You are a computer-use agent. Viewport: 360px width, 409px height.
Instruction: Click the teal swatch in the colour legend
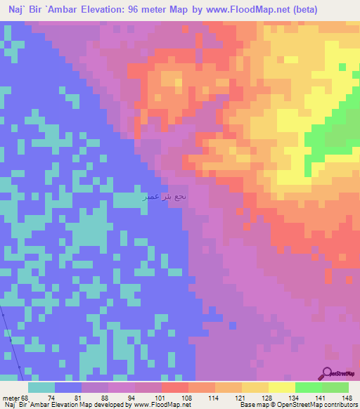[x=41, y=387]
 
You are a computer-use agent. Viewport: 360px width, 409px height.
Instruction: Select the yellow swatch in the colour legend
[x=281, y=387]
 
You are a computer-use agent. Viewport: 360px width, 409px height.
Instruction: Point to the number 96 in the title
[x=138, y=10]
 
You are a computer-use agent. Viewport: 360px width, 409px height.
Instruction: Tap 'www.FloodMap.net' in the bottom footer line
[x=159, y=405]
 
